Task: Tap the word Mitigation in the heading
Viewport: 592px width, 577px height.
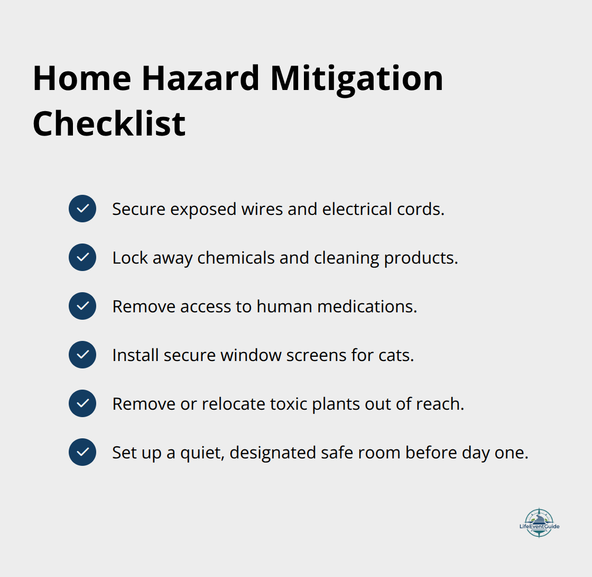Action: [x=357, y=78]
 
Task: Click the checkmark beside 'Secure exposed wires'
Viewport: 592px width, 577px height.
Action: [x=82, y=209]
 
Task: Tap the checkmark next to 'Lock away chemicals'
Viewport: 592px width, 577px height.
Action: [x=82, y=257]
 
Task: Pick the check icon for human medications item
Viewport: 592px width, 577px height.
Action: [x=82, y=306]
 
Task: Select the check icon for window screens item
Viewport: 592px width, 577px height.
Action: [x=82, y=355]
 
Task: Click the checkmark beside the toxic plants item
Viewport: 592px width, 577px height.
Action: [x=82, y=403]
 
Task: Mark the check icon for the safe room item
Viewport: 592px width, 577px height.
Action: [x=82, y=452]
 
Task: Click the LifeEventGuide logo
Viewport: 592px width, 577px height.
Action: [x=539, y=523]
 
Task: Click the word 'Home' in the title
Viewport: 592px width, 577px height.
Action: [x=82, y=78]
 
